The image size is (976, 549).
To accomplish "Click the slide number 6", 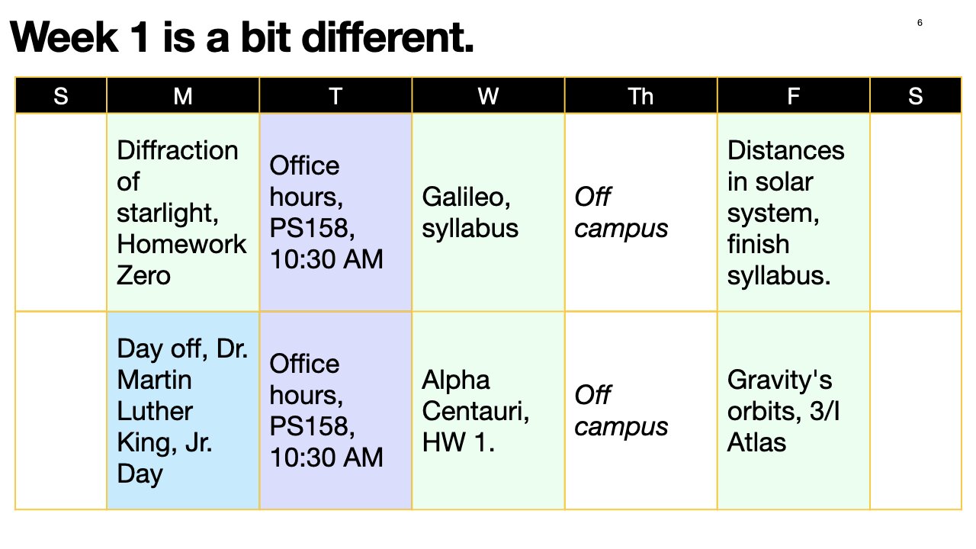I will (920, 23).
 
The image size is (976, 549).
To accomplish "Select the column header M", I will (183, 96).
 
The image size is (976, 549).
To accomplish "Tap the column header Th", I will (640, 96).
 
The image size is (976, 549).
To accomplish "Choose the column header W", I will (488, 96).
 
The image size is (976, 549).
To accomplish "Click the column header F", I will (793, 96).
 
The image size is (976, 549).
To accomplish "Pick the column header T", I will (335, 96).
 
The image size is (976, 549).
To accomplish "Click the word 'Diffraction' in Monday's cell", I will (178, 150).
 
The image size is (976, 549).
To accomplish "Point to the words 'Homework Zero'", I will (181, 259).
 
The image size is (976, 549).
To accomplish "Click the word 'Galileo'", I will (466, 197).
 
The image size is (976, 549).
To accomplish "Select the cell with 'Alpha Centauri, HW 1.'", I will (488, 410).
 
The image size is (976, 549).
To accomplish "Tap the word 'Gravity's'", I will (779, 380).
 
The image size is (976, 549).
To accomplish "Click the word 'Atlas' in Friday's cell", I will (756, 442).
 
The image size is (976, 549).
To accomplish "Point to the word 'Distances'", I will (785, 150).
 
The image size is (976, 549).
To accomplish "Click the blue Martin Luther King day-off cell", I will (183, 410).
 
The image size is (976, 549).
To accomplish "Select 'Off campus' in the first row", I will (620, 213).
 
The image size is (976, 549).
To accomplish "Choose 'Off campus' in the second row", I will (620, 411).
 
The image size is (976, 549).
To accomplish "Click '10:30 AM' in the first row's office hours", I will (326, 259).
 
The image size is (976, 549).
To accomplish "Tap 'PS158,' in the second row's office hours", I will (312, 426).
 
